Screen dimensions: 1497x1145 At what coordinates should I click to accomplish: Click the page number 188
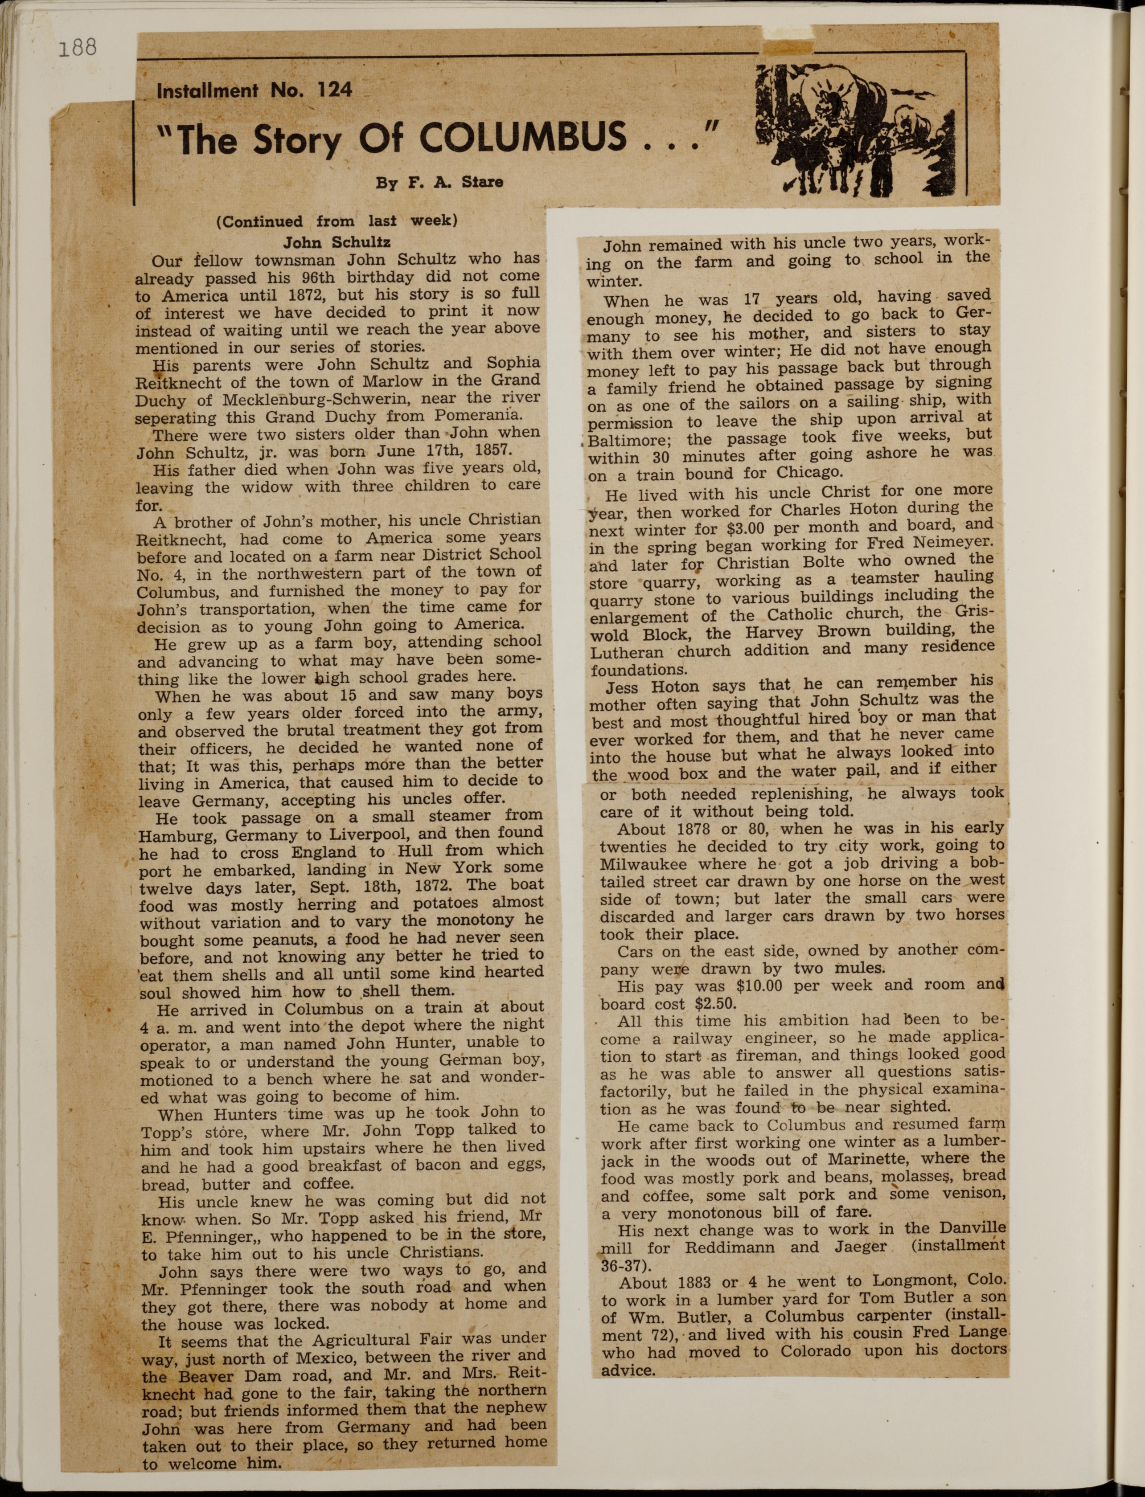(x=78, y=47)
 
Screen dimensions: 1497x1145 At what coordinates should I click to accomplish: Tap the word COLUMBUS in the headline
(x=523, y=138)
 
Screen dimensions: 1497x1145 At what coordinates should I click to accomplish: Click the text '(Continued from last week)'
(x=337, y=222)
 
